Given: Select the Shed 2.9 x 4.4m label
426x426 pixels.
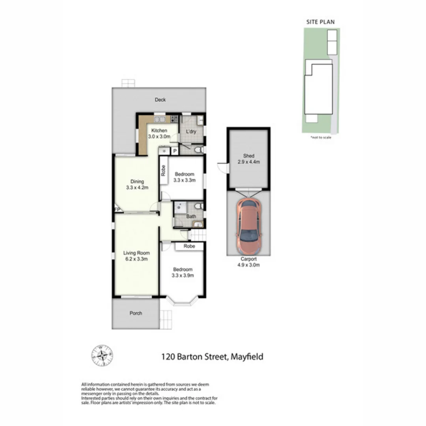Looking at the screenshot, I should coord(248,159).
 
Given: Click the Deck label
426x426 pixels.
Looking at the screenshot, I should coord(160,100).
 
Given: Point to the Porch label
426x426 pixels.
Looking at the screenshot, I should coord(136,313).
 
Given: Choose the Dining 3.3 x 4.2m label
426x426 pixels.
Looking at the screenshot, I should coord(137,185).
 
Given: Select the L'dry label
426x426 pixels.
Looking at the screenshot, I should coord(186,132).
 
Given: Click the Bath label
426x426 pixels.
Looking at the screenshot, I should coord(191,217).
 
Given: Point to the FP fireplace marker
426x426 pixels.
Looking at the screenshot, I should coord(117,209).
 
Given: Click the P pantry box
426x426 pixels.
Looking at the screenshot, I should coord(174,151).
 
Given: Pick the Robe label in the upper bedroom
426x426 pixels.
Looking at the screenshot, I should coord(163,170).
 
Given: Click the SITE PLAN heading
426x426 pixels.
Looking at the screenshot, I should coord(320,22).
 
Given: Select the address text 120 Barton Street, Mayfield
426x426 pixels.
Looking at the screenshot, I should coord(212,357).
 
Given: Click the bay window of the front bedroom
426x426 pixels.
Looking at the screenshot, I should coord(182,301).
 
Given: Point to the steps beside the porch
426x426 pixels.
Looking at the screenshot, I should coord(166,319).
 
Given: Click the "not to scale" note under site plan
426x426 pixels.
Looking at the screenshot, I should coord(320,137).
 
